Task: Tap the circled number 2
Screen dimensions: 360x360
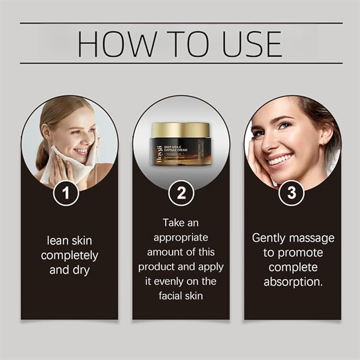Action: [180, 193]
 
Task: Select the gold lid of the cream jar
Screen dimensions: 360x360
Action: [180, 129]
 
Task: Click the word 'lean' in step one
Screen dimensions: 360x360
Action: [53, 240]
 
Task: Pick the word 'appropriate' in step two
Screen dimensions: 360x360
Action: [180, 237]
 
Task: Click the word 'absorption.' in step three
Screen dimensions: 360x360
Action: [293, 282]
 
